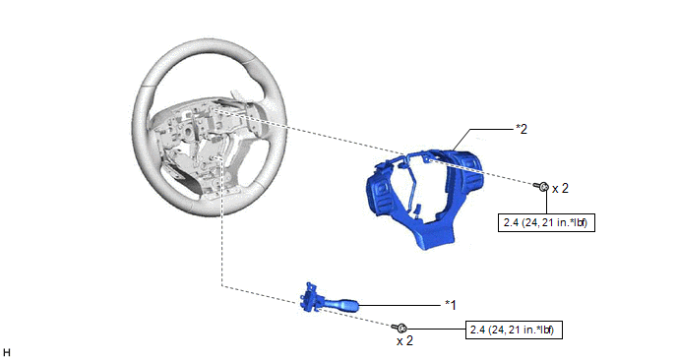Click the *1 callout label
coord(451,305)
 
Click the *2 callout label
coord(522,129)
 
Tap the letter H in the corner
coord(6,352)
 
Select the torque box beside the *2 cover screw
coord(546,222)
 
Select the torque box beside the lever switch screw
coord(514,330)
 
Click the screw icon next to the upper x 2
coord(541,187)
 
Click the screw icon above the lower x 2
coord(400,328)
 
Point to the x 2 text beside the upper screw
coord(561,188)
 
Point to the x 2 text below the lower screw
coord(404,341)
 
